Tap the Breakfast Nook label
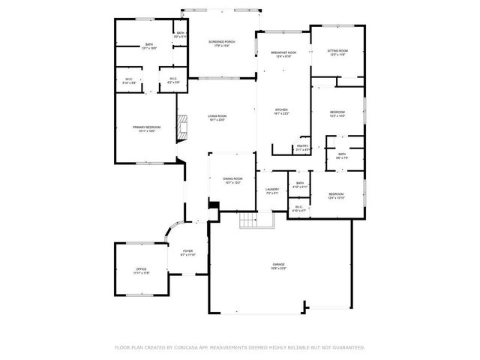click(283, 54)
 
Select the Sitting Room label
click(337, 52)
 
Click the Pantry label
click(302, 148)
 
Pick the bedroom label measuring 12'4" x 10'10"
click(335, 196)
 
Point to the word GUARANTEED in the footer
click(346, 348)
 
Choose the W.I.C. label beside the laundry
click(298, 208)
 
